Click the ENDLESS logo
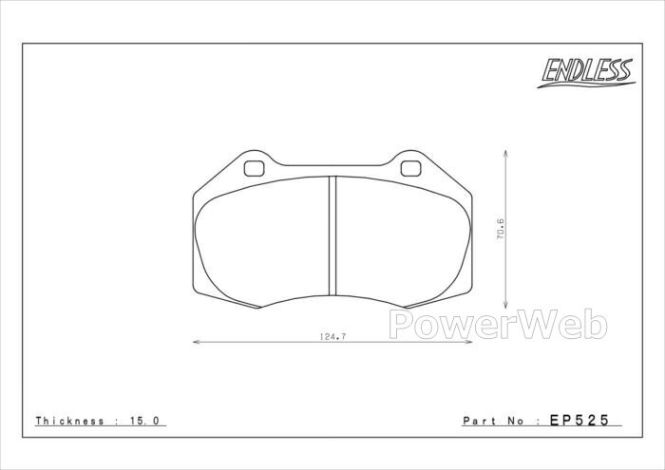586,72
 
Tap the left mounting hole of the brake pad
254,169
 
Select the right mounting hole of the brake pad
411,169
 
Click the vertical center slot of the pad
332,235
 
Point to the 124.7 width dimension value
332,337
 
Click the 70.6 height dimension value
500,229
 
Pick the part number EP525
579,420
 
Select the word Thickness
70,421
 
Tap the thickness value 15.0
143,421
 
